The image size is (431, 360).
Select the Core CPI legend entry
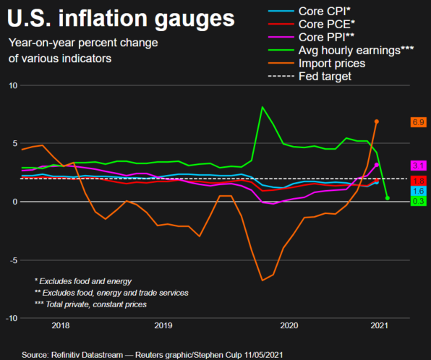click(323, 12)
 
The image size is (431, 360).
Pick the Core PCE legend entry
click(323, 25)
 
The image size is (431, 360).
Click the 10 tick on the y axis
click(12, 85)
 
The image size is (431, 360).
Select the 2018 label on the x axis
click(61, 327)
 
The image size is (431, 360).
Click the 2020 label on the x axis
click(288, 327)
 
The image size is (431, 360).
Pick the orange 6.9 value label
click(417, 122)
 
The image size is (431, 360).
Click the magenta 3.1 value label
click(417, 166)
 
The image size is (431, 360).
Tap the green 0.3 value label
click(417, 201)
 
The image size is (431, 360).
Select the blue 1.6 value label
click(417, 191)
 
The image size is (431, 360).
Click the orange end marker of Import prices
click(377, 121)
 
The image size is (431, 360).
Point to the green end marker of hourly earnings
click(388, 198)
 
